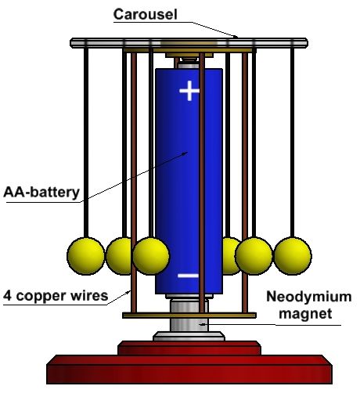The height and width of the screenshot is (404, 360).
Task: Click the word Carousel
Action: point(146,14)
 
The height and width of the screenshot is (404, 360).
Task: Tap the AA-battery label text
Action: point(41,193)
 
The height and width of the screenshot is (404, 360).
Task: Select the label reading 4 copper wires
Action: point(56,296)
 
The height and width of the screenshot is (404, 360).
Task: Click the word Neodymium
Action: point(309,297)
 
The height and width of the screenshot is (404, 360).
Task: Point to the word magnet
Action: point(305,313)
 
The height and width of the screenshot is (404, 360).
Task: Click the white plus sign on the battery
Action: point(189,91)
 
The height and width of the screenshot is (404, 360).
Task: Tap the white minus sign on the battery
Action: point(188,276)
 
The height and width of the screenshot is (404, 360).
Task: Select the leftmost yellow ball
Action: point(86,256)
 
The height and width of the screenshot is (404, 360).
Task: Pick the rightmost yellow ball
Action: point(293,256)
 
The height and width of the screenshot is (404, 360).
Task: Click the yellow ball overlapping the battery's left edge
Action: point(151,256)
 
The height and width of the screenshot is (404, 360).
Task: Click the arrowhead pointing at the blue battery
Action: point(185,153)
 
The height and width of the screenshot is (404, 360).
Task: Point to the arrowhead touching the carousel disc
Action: point(235,36)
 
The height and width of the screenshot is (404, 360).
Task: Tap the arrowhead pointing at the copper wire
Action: point(128,292)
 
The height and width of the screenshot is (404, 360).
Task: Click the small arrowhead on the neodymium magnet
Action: point(201,324)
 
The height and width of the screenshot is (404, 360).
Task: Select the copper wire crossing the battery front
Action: point(202,182)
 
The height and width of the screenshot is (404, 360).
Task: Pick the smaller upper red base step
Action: point(189,348)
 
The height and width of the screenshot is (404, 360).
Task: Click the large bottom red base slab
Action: point(189,370)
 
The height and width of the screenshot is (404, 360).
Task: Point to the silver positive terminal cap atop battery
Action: point(189,66)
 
